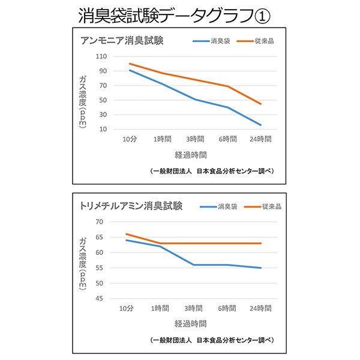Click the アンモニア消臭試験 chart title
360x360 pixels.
(x=122, y=41)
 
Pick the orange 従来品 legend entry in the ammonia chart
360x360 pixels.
(x=254, y=41)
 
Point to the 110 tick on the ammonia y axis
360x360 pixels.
(x=101, y=56)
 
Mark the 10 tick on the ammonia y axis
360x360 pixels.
(x=103, y=129)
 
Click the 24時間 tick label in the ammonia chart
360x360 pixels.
(x=260, y=139)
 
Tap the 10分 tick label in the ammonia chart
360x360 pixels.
(x=130, y=139)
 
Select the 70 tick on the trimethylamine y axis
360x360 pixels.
(x=100, y=221)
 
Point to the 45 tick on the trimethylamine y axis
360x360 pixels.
(x=100, y=299)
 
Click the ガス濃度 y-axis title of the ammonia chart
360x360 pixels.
(x=83, y=99)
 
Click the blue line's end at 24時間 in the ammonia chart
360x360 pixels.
(x=261, y=125)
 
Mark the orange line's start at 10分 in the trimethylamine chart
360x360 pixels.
(x=127, y=234)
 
